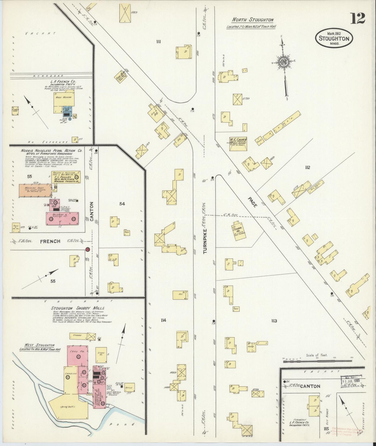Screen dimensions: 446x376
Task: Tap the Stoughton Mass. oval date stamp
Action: tap(334, 38)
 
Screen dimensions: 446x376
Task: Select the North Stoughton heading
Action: tap(253, 20)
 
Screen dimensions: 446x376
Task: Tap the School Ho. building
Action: tap(237, 229)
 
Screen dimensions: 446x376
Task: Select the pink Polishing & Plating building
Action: tap(62, 218)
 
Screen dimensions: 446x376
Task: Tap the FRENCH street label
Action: tap(50, 241)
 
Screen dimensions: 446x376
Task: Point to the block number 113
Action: tap(273, 321)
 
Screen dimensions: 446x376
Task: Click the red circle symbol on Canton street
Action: tap(88, 249)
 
